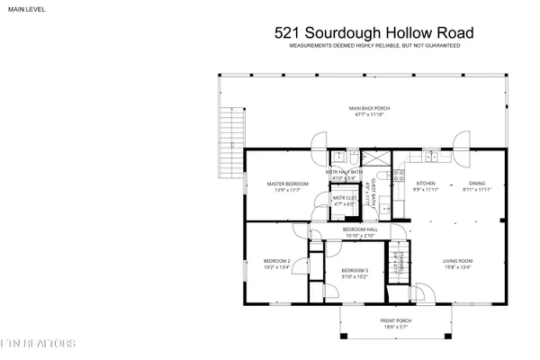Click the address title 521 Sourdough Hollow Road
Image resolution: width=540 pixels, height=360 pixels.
373,33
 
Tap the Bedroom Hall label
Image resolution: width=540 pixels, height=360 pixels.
359,231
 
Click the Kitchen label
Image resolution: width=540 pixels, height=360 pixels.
425,184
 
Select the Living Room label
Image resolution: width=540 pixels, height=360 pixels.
457,264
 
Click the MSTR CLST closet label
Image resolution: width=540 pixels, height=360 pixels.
344,200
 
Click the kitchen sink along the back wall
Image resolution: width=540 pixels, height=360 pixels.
430,157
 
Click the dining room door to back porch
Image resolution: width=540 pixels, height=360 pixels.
461,141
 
